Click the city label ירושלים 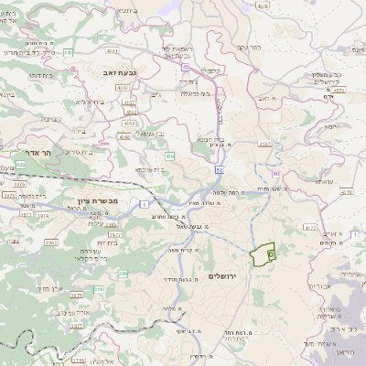[222, 275]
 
